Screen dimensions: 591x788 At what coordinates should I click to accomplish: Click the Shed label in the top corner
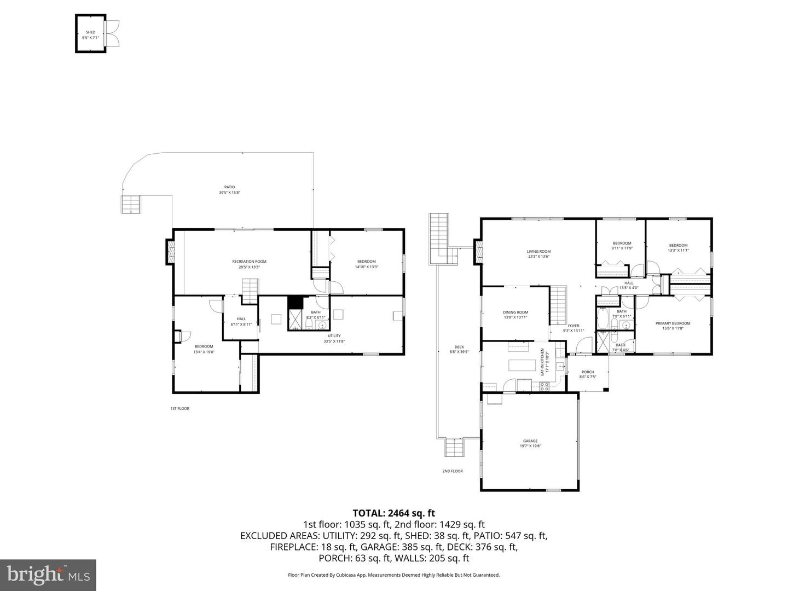(x=90, y=35)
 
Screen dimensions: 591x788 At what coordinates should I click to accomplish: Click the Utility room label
(x=334, y=338)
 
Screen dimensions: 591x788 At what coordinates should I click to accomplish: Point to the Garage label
(x=530, y=443)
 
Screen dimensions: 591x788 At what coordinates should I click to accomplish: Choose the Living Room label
(x=538, y=254)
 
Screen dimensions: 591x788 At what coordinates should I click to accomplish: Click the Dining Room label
(x=515, y=315)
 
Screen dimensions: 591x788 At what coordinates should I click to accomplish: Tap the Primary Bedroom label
(x=673, y=326)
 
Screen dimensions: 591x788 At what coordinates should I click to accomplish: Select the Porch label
(x=588, y=374)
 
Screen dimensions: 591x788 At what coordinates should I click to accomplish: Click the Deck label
(x=459, y=349)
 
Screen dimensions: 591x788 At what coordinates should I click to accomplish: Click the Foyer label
(x=573, y=328)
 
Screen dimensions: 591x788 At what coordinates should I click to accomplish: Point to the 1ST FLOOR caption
(x=179, y=408)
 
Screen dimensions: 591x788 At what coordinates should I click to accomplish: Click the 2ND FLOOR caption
(x=453, y=471)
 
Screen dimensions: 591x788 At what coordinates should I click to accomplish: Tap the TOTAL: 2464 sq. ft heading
(x=393, y=513)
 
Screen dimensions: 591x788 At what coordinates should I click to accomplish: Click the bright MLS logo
(x=48, y=575)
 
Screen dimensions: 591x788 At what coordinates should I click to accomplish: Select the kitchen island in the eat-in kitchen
(x=520, y=365)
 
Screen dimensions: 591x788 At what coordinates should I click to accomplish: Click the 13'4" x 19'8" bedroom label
(x=204, y=349)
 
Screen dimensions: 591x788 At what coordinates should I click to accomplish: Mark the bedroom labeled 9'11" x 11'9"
(x=622, y=246)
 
